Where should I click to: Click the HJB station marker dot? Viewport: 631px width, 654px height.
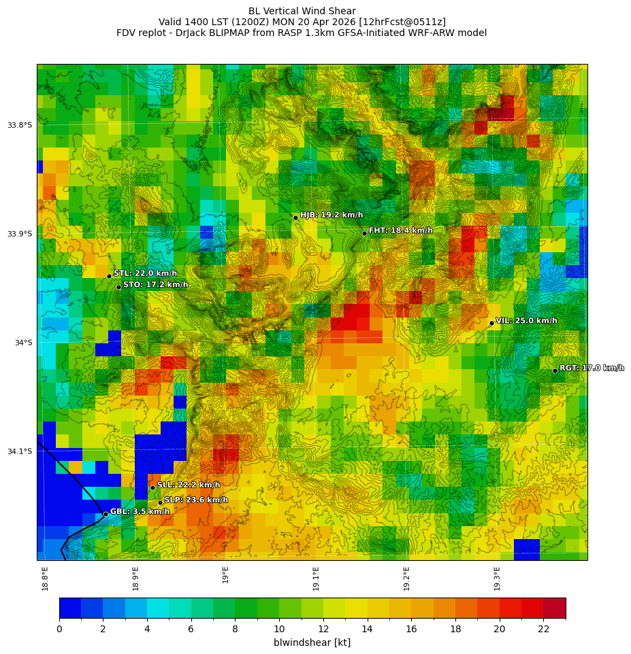pyautogui.click(x=295, y=218)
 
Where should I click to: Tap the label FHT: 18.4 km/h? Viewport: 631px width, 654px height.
pyautogui.click(x=400, y=230)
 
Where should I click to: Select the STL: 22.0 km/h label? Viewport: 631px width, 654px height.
pyautogui.click(x=145, y=273)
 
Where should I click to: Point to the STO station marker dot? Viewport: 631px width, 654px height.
pyautogui.click(x=118, y=287)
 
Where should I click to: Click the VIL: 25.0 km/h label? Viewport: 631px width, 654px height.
pyautogui.click(x=526, y=321)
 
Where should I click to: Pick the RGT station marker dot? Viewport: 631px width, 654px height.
pyautogui.click(x=555, y=371)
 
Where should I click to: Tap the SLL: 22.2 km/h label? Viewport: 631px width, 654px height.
pyautogui.click(x=189, y=485)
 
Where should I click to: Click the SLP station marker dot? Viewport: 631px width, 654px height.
pyautogui.click(x=161, y=503)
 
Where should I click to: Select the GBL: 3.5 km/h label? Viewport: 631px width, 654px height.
pyautogui.click(x=140, y=511)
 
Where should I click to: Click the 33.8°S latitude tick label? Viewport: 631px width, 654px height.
pyautogui.click(x=20, y=125)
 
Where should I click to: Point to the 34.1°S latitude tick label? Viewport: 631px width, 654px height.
pyautogui.click(x=20, y=451)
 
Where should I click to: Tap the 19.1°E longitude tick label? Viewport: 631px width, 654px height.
pyautogui.click(x=317, y=579)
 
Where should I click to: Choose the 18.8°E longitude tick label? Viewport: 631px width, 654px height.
pyautogui.click(x=46, y=579)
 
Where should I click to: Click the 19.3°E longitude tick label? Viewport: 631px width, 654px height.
pyautogui.click(x=498, y=579)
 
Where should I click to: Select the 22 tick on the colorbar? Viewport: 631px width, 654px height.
pyautogui.click(x=543, y=629)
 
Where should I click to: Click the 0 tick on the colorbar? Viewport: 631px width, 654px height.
pyautogui.click(x=59, y=629)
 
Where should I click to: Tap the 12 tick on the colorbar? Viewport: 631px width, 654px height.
pyautogui.click(x=323, y=629)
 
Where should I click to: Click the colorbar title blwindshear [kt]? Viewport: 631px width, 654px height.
pyautogui.click(x=312, y=642)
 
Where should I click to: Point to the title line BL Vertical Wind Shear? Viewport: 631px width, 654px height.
pyautogui.click(x=302, y=11)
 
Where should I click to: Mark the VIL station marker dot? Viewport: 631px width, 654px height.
pyautogui.click(x=491, y=323)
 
